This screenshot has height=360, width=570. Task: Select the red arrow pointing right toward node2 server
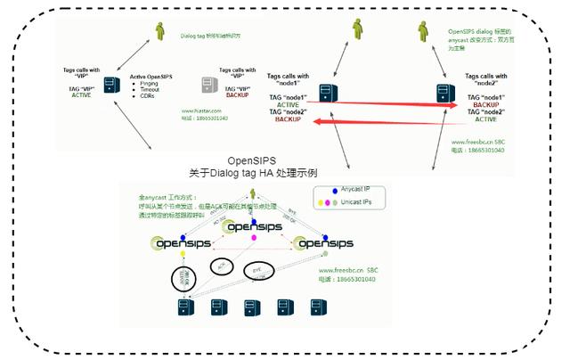pos(374,104)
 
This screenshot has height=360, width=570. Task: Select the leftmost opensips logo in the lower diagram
pos(181,242)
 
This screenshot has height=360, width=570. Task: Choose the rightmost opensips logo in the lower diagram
pos(324,242)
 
